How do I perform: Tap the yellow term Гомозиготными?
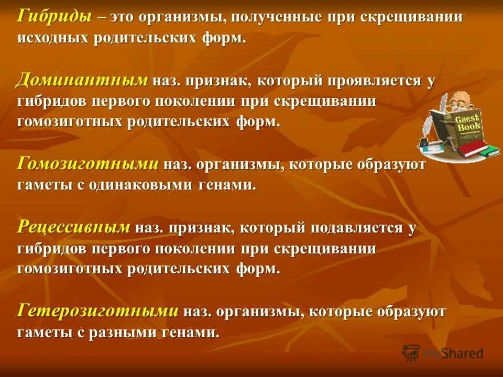tap(88, 164)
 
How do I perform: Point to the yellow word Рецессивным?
tap(73, 227)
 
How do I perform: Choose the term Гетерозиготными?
tap(98, 312)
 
